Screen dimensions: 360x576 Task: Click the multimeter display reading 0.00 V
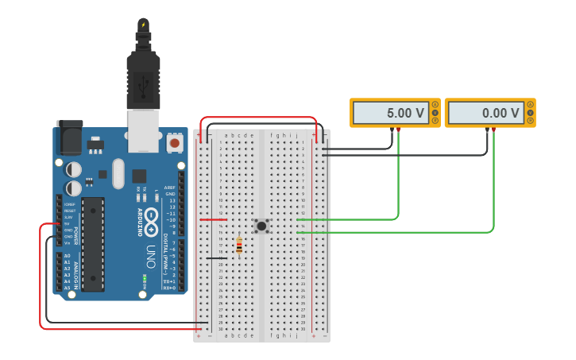tap(482, 113)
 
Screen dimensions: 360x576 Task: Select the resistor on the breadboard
tap(239, 247)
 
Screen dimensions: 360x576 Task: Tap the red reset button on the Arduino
tap(174, 143)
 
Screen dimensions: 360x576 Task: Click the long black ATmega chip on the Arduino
tap(93, 244)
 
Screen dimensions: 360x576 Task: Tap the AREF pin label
tap(169, 188)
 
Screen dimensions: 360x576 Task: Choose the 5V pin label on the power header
tap(68, 224)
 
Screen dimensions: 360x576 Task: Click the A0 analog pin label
tap(67, 256)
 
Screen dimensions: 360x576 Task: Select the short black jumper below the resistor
tap(216, 258)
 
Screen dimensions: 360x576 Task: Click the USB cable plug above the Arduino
tap(143, 75)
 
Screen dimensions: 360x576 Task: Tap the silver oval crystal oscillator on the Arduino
tap(118, 173)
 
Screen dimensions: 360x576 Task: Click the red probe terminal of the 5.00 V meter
tap(399, 129)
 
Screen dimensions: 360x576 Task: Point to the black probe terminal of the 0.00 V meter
tap(487, 129)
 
